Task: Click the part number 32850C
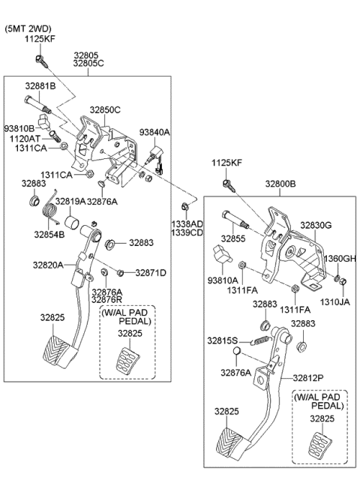coord(106,109)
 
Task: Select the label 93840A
coord(154,132)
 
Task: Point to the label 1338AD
coord(186,223)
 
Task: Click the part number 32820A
coord(47,265)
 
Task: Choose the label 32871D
coord(150,272)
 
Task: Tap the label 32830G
coord(316,224)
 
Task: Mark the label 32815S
coord(223,340)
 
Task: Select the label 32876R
coord(106,300)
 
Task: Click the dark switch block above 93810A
coord(220,259)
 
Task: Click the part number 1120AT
coord(25,139)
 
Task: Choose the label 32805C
coord(88,64)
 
